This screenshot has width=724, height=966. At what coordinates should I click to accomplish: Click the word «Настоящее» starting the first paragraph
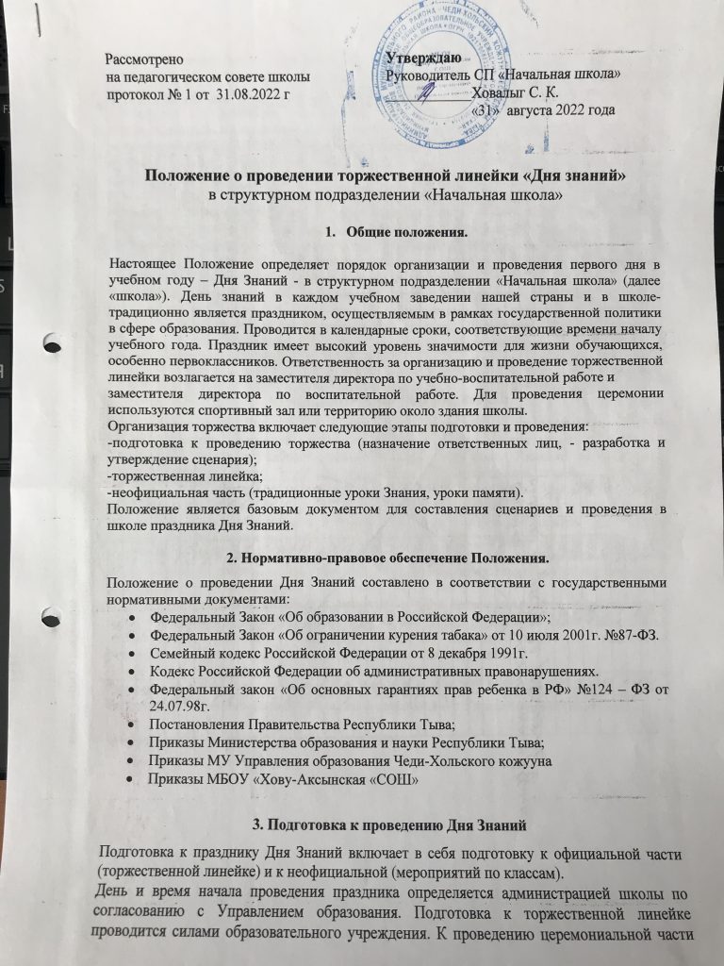tap(143, 260)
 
